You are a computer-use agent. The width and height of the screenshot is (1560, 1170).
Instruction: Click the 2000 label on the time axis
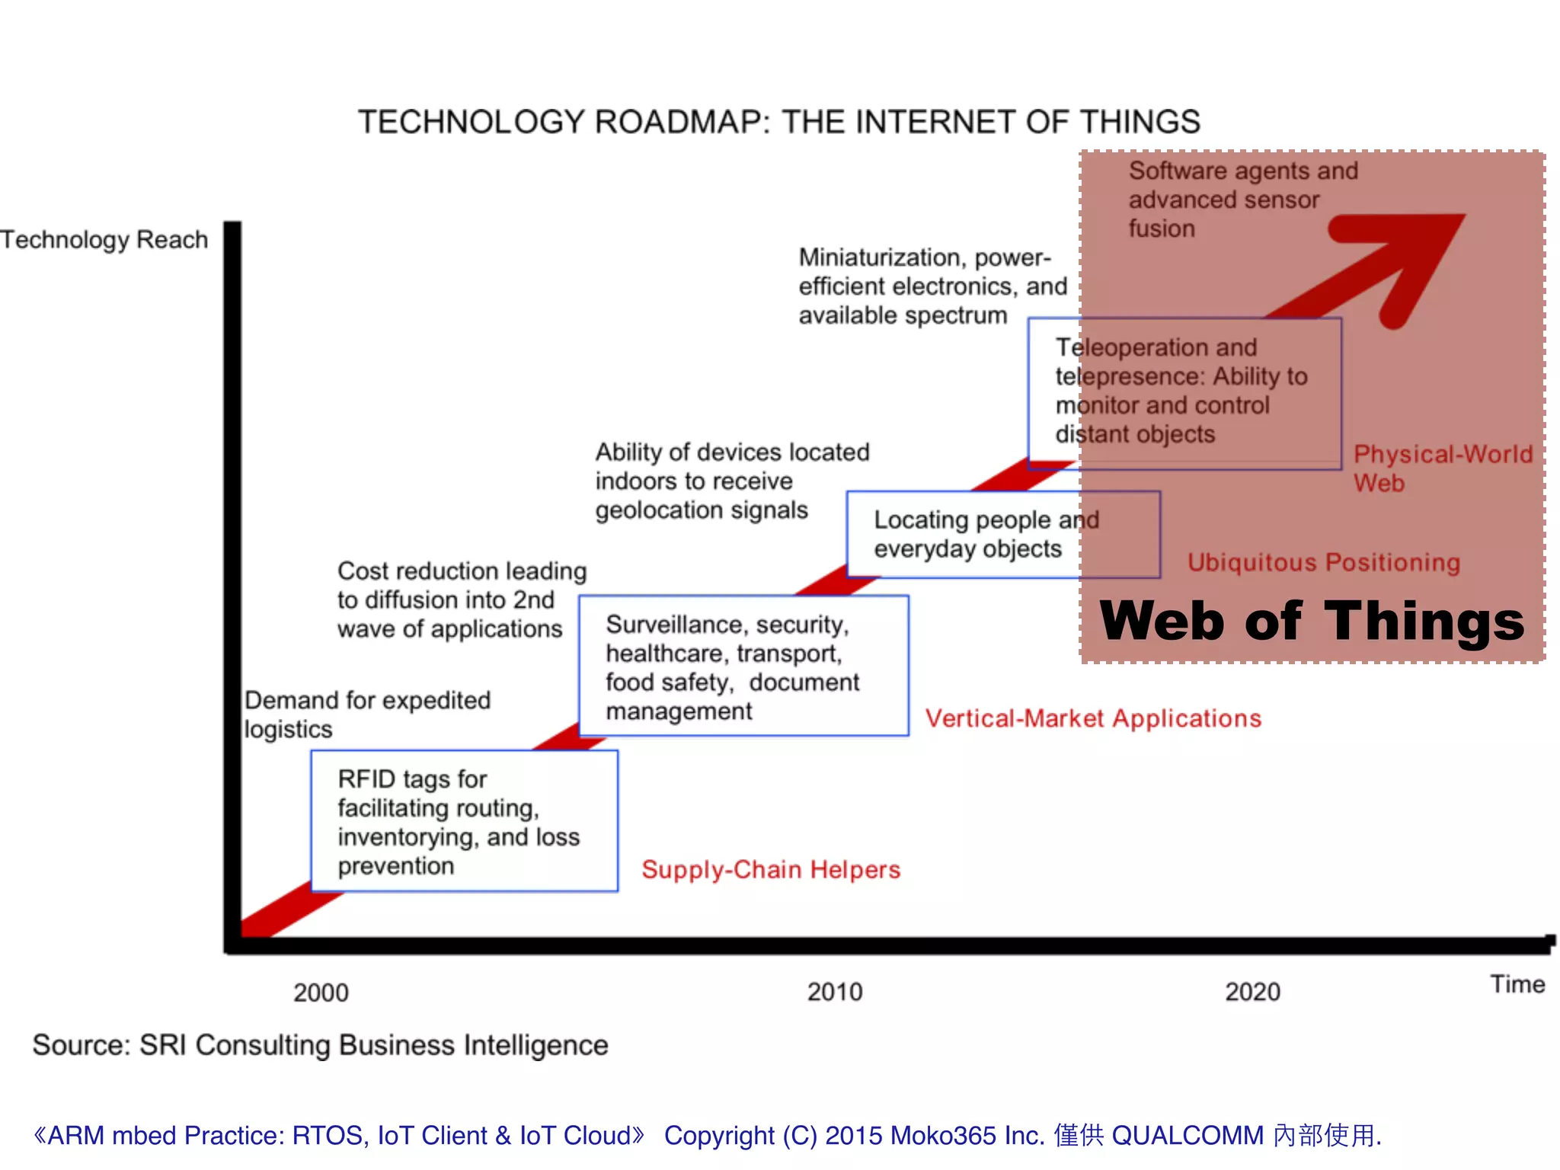(321, 993)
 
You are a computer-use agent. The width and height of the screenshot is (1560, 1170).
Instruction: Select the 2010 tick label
(835, 992)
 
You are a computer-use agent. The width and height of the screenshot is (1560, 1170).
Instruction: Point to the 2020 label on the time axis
(1252, 992)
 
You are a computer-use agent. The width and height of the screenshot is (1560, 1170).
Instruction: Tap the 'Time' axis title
(1517, 984)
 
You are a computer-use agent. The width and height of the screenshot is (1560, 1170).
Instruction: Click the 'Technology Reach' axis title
(104, 240)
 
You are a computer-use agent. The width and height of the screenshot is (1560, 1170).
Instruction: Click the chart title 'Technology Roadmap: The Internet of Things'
(778, 122)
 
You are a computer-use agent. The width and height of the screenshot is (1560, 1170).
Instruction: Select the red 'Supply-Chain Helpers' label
(771, 870)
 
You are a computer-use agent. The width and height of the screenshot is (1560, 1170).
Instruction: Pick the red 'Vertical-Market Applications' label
(1093, 718)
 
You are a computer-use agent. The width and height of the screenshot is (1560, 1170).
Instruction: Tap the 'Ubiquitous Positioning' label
(1324, 562)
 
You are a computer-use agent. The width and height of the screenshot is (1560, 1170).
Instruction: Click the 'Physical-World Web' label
(1442, 468)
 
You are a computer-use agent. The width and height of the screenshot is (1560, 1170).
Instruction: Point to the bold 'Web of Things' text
(1312, 622)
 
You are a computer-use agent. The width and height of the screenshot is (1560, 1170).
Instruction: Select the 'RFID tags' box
(464, 821)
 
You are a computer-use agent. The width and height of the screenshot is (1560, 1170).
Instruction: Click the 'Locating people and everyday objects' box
(1003, 535)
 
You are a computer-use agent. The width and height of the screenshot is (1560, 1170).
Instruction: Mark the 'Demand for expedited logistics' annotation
(367, 714)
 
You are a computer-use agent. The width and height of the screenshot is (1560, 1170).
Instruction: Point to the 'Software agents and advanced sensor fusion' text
(1242, 200)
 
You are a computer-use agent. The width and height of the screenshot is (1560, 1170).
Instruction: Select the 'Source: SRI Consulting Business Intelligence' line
(320, 1045)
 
